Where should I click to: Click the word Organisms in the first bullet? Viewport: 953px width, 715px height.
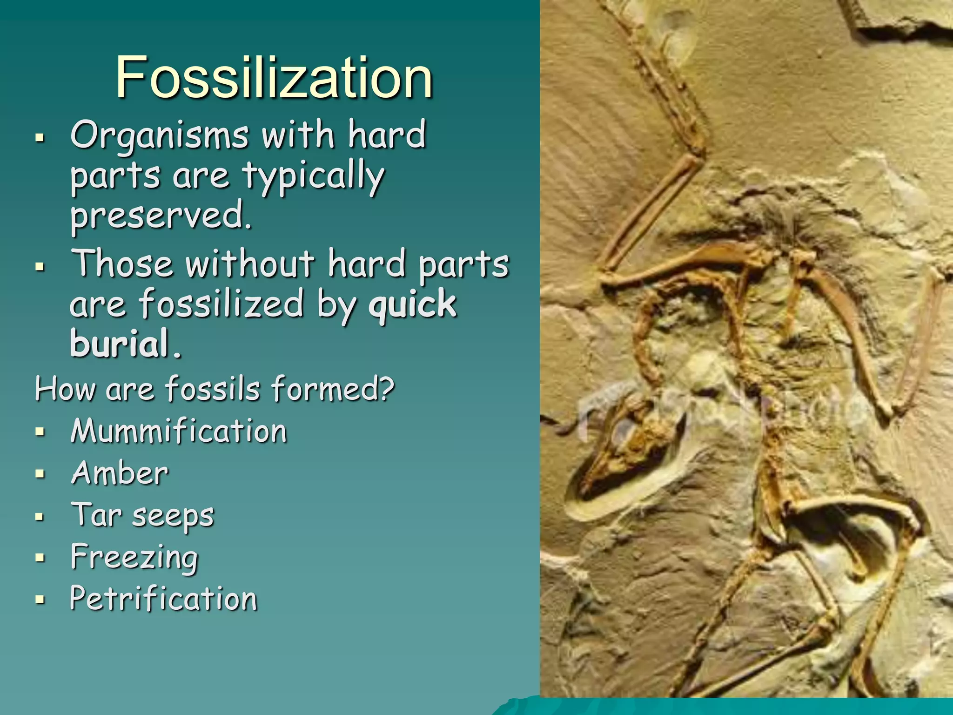159,135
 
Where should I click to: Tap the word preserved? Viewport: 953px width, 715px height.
161,216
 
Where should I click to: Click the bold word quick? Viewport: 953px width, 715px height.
412,304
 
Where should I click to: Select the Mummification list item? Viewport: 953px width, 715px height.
178,431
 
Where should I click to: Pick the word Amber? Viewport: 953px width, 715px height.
119,473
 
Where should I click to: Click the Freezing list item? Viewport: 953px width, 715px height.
134,557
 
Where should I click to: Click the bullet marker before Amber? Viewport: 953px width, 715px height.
40,474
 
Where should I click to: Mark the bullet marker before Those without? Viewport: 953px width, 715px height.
40,267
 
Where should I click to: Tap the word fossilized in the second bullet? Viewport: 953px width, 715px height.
221,304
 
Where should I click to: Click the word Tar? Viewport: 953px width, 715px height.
96,514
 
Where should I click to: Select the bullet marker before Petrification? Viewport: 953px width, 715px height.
40,600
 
